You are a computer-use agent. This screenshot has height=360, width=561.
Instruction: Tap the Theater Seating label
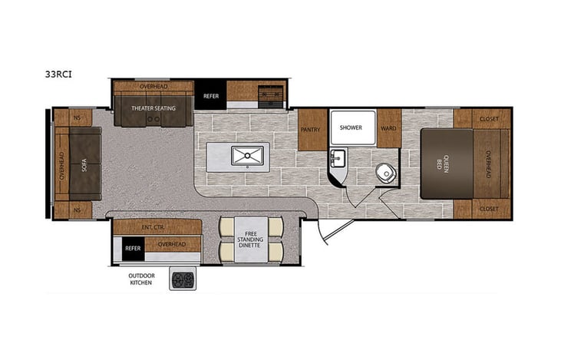pyautogui.click(x=153, y=108)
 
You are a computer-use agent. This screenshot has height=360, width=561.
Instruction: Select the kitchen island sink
pyautogui.click(x=247, y=157)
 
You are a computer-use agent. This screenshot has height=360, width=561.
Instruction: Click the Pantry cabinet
pyautogui.click(x=311, y=130)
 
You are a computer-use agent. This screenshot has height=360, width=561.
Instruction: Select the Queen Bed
pyautogui.click(x=445, y=163)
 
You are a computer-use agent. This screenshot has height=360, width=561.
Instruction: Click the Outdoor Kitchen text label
pyautogui.click(x=140, y=278)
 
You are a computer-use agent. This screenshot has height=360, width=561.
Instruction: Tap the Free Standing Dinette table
pyautogui.click(x=251, y=239)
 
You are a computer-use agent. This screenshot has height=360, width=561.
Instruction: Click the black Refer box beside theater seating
pyautogui.click(x=210, y=95)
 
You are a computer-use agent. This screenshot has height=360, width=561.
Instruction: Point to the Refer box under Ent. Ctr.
pyautogui.click(x=132, y=248)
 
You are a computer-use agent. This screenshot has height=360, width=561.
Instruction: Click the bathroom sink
pyautogui.click(x=337, y=158)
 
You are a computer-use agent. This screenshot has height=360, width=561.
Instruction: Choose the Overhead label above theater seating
pyautogui.click(x=153, y=87)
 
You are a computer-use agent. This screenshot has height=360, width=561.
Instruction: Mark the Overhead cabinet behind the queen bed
pyautogui.click(x=488, y=163)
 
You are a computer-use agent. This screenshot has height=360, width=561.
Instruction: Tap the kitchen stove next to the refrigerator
pyautogui.click(x=268, y=95)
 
